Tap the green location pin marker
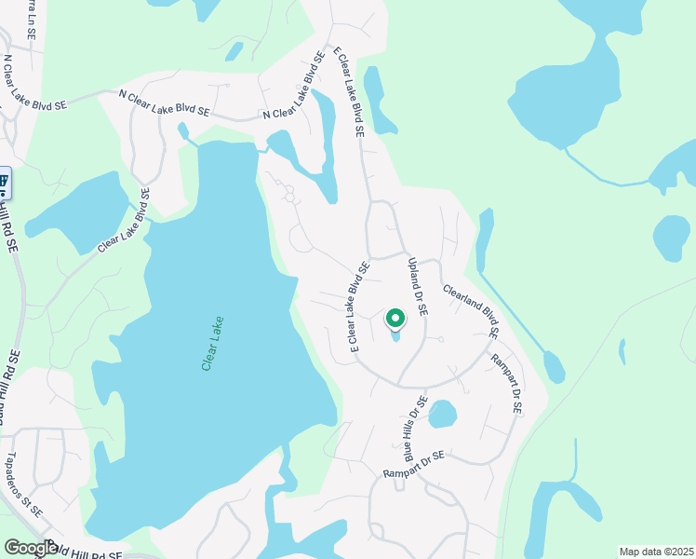point(395,320)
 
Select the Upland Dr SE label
point(417,287)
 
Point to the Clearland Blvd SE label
point(472,310)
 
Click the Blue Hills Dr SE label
point(415,429)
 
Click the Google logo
point(30,548)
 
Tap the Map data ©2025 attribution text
point(656,552)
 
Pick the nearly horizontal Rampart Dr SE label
point(415,466)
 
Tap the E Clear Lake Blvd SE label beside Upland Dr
point(360,305)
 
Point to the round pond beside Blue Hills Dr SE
point(442,414)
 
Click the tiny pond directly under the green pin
point(395,336)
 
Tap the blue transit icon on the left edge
point(4,182)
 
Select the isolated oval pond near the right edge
point(671,238)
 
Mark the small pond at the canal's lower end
point(555,367)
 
